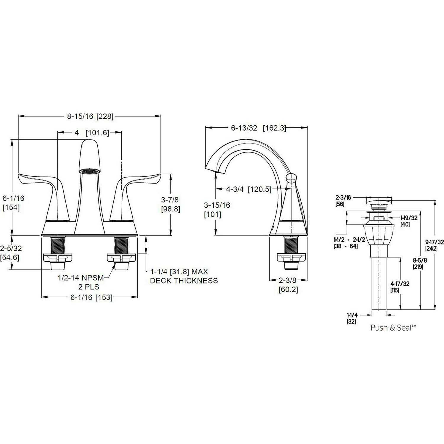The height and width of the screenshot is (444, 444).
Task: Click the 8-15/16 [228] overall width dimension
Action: [90, 116]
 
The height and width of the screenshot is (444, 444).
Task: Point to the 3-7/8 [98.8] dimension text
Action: [170, 205]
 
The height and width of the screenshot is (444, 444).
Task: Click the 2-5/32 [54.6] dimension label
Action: [11, 253]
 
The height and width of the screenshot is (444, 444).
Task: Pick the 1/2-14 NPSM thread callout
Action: [81, 278]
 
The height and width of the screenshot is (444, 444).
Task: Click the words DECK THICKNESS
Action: [184, 281]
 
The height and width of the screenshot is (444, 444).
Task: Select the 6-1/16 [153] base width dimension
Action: [91, 297]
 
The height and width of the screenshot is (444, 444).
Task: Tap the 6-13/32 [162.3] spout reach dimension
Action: [258, 128]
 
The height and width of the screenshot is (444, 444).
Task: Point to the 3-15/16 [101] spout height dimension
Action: [217, 210]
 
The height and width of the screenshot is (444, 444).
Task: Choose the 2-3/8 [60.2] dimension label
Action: [288, 285]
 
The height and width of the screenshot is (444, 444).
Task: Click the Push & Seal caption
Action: [394, 328]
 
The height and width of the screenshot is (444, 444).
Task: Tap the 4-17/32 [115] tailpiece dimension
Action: [400, 287]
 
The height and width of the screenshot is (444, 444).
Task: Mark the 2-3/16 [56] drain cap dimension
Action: [343, 200]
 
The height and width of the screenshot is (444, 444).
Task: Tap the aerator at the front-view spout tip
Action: [90, 171]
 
